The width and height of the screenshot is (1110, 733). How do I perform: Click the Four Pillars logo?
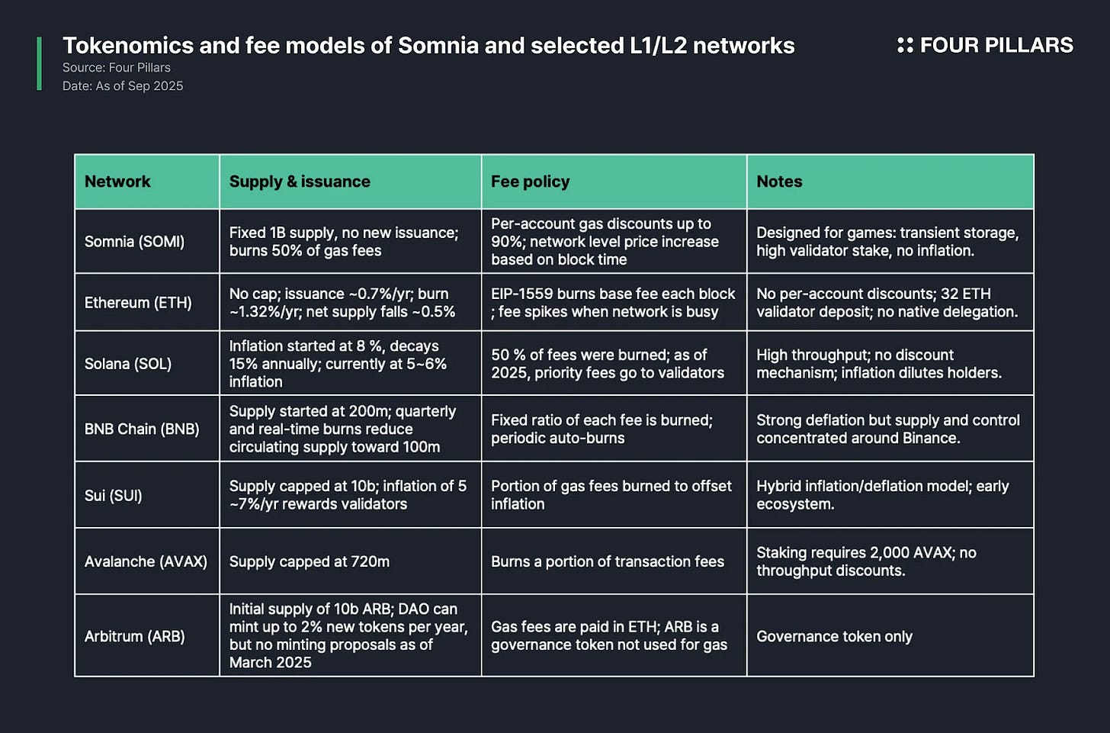[x=984, y=46]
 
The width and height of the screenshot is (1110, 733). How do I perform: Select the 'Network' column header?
[x=117, y=182]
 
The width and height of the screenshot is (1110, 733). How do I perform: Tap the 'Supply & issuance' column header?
[x=300, y=182]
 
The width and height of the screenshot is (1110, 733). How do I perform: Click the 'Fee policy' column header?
[x=530, y=182]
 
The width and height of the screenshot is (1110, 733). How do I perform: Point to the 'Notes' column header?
[x=779, y=182]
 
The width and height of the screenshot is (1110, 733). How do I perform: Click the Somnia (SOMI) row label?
[x=134, y=242]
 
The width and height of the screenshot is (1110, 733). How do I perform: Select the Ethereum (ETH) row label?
[x=138, y=303]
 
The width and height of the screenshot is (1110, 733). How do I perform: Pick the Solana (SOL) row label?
[x=128, y=364]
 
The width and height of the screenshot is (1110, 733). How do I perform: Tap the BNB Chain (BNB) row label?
[x=142, y=429]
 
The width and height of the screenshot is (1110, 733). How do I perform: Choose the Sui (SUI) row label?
[x=114, y=495]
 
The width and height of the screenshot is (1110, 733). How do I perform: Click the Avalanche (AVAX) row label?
[x=146, y=561]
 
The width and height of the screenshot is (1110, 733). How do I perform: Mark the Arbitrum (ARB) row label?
[x=135, y=636]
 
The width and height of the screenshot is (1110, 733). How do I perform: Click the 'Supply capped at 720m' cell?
[x=310, y=561]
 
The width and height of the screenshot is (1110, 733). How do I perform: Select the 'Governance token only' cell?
[x=834, y=636]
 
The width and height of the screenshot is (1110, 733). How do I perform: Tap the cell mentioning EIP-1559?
[x=613, y=303]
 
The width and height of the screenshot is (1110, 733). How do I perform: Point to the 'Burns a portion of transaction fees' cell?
[x=608, y=561]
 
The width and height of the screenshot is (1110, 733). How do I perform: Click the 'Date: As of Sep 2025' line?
[x=123, y=86]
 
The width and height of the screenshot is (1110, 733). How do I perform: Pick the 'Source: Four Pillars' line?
[x=117, y=68]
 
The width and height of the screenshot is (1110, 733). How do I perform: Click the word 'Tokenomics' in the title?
[x=127, y=46]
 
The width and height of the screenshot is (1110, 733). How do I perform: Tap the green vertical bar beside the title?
[x=39, y=64]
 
